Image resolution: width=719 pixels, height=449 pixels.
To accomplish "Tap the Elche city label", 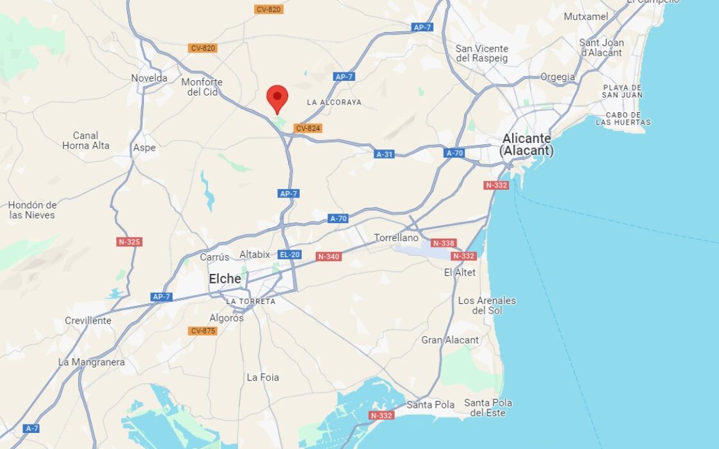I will tap(225, 279).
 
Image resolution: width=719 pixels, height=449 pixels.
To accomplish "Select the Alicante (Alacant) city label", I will tap(526, 145).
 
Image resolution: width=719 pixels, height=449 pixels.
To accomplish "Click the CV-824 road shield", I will tap(308, 128).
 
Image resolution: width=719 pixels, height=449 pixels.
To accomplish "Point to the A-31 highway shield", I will tap(385, 154).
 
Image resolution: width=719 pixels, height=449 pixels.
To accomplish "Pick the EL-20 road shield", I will tap(290, 255).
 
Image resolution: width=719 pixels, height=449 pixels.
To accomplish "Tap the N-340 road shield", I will tap(329, 257).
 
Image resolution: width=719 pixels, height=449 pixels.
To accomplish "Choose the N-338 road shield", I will tap(444, 243).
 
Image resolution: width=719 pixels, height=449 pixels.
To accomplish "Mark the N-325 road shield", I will tap(129, 242).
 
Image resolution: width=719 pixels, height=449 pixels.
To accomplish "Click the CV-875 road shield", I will tap(203, 331).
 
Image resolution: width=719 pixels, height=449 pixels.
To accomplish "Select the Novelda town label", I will tap(149, 78).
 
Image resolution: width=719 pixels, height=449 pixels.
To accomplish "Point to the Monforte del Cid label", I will tap(202, 87).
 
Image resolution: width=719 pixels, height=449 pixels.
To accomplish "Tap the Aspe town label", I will tap(144, 148).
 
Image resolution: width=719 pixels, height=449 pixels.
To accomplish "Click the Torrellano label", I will tap(396, 238).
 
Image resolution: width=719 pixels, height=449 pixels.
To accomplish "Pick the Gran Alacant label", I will tap(450, 340).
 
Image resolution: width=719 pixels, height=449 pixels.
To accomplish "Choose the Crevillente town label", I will tap(88, 321).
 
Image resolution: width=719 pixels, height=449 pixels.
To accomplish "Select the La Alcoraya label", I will tap(334, 102).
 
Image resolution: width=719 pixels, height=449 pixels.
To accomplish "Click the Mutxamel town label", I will tap(585, 16).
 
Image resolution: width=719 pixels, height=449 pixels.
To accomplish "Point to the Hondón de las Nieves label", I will tap(32, 210).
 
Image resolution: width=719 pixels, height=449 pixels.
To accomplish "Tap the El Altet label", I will tap(460, 273).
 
